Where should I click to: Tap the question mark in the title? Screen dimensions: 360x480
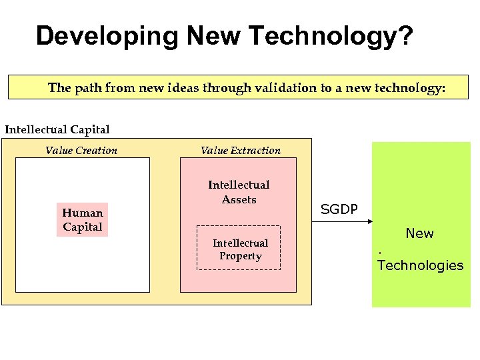[405, 36]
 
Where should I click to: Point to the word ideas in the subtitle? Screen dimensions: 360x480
[175, 88]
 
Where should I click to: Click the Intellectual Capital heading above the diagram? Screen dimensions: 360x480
[57, 129]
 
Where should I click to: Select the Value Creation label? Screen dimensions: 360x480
[81, 151]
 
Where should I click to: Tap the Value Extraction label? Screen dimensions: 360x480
[241, 151]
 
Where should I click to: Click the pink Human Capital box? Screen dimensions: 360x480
[83, 220]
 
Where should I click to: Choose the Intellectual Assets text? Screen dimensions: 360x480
[239, 192]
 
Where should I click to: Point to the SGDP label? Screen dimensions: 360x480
[339, 209]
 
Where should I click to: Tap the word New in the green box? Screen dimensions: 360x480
[419, 233]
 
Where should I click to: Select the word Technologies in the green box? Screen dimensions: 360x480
[420, 265]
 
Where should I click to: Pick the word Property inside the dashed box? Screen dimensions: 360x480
[240, 256]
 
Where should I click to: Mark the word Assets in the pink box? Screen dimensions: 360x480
[239, 199]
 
